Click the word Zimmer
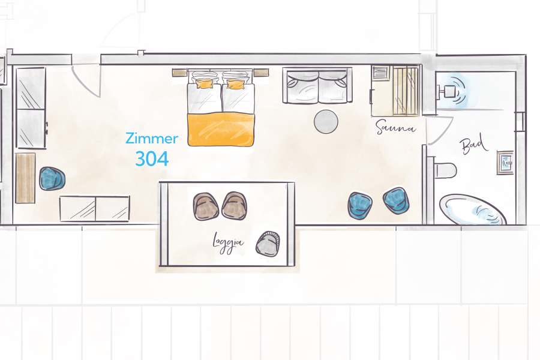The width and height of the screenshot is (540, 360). pyautogui.click(x=151, y=139)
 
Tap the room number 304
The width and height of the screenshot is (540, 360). pyautogui.click(x=151, y=158)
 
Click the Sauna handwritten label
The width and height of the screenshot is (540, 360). pyautogui.click(x=395, y=127)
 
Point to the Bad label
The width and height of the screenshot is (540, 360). pyautogui.click(x=474, y=145)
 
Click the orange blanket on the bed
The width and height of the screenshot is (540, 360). pyautogui.click(x=221, y=129)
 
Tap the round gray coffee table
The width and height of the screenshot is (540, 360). pyautogui.click(x=326, y=121)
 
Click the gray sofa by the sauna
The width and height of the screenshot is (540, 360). pyautogui.click(x=316, y=86)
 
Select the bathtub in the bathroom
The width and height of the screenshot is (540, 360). pyautogui.click(x=473, y=210)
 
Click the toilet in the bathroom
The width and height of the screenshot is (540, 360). pyautogui.click(x=445, y=170)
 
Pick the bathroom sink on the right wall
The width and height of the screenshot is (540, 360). pyautogui.click(x=505, y=162)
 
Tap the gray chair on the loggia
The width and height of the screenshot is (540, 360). pyautogui.click(x=268, y=244)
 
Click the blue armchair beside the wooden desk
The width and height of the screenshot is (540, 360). pyautogui.click(x=52, y=179)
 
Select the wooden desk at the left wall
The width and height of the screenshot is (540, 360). pyautogui.click(x=25, y=178)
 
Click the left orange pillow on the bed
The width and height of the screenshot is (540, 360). pyautogui.click(x=204, y=84)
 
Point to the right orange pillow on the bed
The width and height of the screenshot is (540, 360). pyautogui.click(x=235, y=84)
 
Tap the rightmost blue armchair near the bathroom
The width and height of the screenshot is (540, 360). pyautogui.click(x=396, y=200)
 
